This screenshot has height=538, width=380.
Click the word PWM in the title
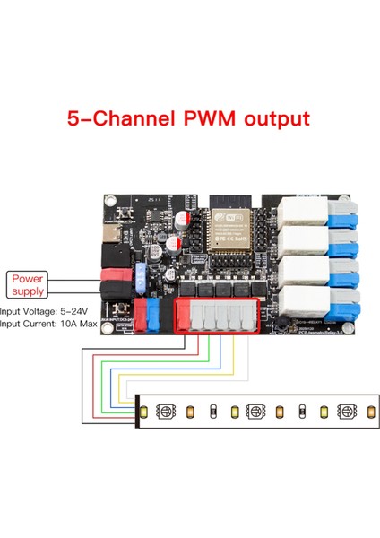tap(212, 118)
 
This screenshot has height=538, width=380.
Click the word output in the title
tap(274, 118)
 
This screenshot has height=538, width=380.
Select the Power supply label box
tap(28, 285)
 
